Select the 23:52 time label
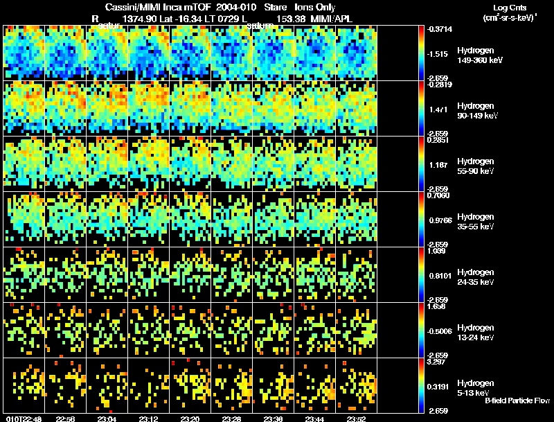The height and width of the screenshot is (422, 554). [x=357, y=419]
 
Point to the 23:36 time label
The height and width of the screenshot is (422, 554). [x=274, y=419]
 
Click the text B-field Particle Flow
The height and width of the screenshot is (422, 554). [x=517, y=401]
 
